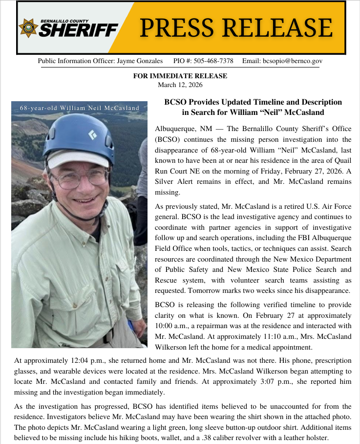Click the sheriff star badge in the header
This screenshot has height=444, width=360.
pos(28,27)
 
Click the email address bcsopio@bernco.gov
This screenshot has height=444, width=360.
pos(292,61)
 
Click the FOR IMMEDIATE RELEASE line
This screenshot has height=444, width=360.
pos(180,76)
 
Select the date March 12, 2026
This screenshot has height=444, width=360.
pos(180,85)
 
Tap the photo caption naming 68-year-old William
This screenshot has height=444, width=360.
pos(80,108)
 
